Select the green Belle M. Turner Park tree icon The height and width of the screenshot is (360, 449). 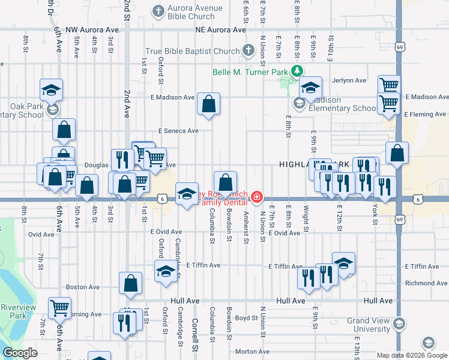(x=296, y=71)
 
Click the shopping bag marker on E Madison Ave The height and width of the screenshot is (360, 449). (x=208, y=104)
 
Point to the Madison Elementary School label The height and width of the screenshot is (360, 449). (x=340, y=104)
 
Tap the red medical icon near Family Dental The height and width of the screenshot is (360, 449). (x=257, y=197)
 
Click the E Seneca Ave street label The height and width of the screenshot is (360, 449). (x=178, y=131)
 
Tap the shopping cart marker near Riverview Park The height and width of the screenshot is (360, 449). (x=60, y=308)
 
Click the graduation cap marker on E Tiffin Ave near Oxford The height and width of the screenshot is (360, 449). (x=166, y=271)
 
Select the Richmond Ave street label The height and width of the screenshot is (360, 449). (x=427, y=283)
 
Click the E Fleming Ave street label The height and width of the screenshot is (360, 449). (x=426, y=114)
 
